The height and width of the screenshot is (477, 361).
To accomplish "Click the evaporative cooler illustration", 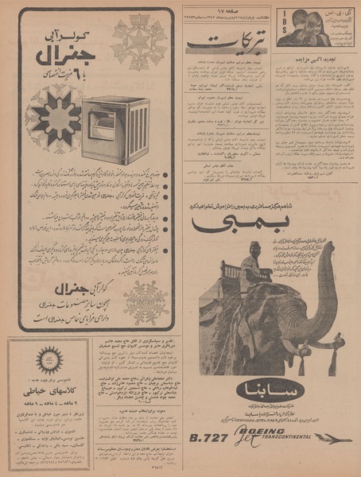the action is (x=115, y=130).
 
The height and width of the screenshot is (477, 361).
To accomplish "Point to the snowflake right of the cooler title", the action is (x=138, y=41).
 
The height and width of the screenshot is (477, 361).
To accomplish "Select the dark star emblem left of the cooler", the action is (x=54, y=118).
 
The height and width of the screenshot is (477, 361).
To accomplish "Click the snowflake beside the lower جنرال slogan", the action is (x=146, y=302).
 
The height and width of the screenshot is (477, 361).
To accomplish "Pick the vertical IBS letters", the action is (x=281, y=29).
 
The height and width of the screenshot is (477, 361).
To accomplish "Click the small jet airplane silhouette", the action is (x=332, y=436).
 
